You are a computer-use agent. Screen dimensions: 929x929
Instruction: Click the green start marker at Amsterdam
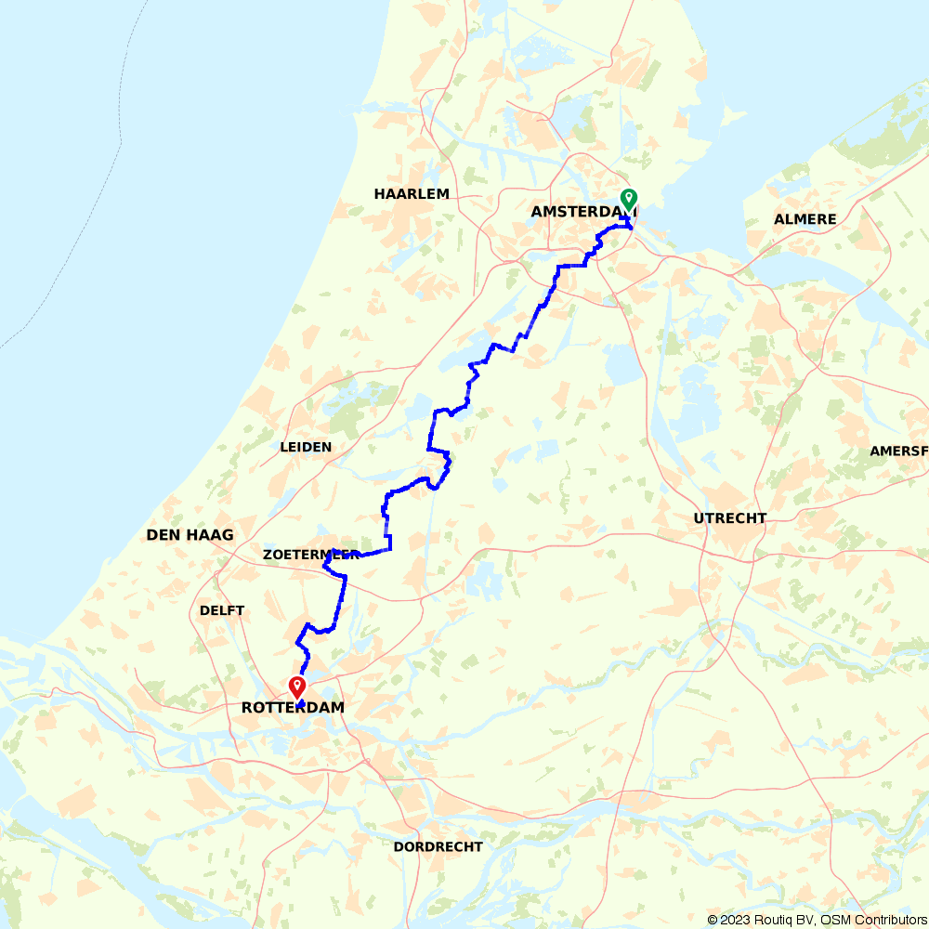click(628, 198)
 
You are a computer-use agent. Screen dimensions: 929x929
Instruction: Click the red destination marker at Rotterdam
click(297, 687)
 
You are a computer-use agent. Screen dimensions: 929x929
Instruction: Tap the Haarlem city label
click(412, 194)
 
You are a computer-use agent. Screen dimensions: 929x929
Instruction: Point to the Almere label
click(805, 219)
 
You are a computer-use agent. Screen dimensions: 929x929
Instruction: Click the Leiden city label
click(306, 447)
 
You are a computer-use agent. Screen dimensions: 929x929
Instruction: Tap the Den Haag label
click(190, 535)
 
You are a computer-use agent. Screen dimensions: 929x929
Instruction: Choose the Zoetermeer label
click(310, 555)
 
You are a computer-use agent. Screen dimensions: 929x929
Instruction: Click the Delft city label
click(222, 610)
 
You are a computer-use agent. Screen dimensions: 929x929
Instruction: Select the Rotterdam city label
click(293, 708)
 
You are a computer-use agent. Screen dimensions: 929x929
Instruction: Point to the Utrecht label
click(730, 518)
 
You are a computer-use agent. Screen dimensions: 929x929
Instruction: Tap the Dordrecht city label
click(438, 847)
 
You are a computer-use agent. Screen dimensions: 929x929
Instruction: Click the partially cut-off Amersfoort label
click(898, 451)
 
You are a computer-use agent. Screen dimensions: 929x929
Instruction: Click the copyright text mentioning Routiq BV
click(762, 920)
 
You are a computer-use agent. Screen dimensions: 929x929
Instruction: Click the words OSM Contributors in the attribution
click(872, 920)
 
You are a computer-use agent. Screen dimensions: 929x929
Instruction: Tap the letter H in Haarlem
click(379, 194)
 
